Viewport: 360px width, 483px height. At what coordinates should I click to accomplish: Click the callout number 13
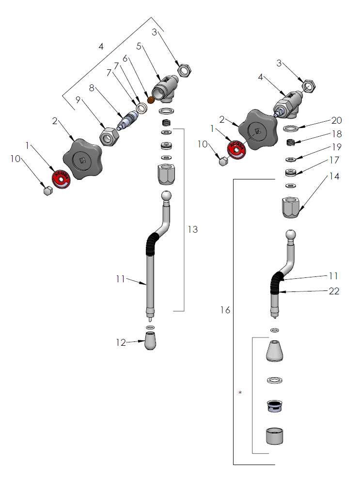193,229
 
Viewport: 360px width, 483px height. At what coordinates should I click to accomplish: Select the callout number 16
225,310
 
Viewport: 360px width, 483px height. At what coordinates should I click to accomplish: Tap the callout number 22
333,291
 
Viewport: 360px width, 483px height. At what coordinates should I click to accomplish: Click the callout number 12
121,342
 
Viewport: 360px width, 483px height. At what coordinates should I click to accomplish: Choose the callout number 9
78,100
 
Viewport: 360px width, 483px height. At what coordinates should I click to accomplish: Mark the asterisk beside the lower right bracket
240,392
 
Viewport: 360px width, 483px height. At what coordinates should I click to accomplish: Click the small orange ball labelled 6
150,100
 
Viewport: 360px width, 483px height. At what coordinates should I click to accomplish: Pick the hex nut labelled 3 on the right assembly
309,87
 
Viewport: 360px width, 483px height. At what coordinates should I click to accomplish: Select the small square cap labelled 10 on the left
47,191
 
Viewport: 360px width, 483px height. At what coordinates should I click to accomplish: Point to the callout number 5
139,47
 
